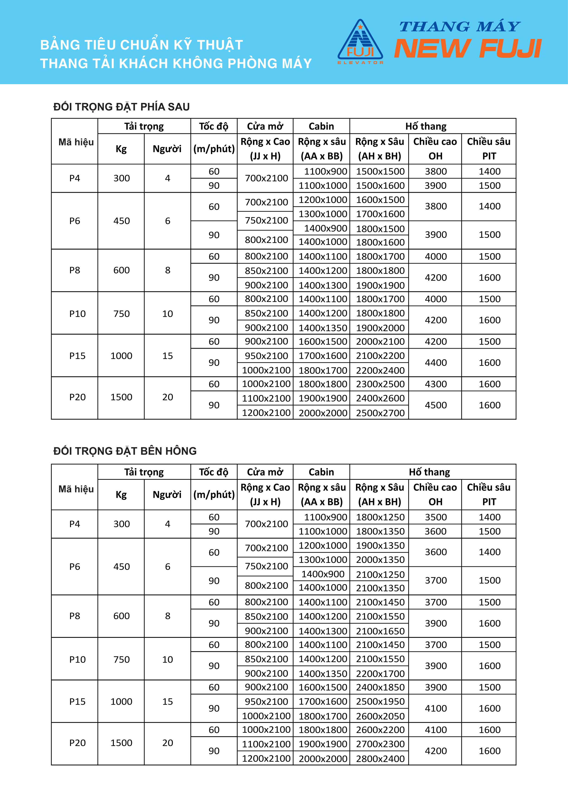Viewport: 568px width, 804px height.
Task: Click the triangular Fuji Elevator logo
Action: pyautogui.click(x=360, y=42)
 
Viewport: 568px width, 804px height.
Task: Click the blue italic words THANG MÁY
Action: pyautogui.click(x=459, y=27)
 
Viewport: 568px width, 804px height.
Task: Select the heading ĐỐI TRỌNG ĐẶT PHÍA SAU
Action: pyautogui.click(x=121, y=107)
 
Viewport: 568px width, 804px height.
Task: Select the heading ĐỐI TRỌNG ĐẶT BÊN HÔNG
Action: pyautogui.click(x=125, y=451)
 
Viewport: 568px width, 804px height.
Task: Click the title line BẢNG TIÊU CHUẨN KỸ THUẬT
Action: pyautogui.click(x=142, y=45)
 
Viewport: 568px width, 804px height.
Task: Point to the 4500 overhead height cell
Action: pyautogui.click(x=435, y=405)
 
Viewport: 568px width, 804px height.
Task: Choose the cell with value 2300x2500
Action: pyautogui.click(x=380, y=384)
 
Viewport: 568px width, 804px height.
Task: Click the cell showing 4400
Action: pyautogui.click(x=435, y=363)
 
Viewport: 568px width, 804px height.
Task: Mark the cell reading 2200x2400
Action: pyautogui.click(x=380, y=370)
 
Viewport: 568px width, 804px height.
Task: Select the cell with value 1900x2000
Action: pyautogui.click(x=380, y=328)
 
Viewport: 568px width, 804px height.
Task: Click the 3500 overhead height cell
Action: pyautogui.click(x=435, y=517)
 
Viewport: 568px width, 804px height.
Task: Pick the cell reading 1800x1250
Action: pyautogui.click(x=380, y=517)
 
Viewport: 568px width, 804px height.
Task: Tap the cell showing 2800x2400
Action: pyautogui.click(x=380, y=759)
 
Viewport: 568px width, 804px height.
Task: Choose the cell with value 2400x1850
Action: pyautogui.click(x=380, y=687)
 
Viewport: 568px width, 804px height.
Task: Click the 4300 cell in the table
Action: pyautogui.click(x=435, y=384)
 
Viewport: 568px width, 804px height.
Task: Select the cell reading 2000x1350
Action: pyautogui.click(x=380, y=560)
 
